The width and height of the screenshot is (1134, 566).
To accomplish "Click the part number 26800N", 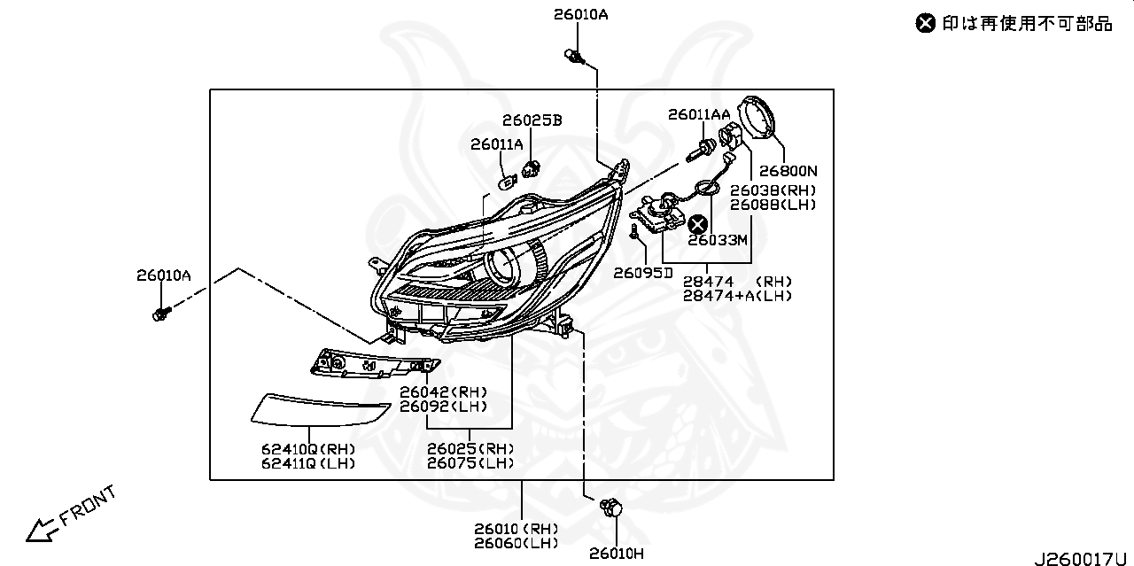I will [x=788, y=171].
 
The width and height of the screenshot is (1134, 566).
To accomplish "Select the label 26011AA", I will [x=699, y=114].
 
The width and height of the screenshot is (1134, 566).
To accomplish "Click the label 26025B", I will [x=532, y=120].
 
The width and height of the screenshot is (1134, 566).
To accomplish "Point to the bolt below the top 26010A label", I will [x=576, y=58].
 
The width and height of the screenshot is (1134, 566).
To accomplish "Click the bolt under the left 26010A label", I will [x=161, y=314].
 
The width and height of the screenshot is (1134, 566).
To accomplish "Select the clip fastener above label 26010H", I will [x=610, y=508].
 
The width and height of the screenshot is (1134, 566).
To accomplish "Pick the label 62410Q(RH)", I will [x=307, y=448].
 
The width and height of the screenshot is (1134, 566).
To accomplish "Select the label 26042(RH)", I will [x=443, y=392].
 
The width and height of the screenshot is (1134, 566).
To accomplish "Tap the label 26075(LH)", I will [x=470, y=463].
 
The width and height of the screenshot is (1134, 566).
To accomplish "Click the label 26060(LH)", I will [x=516, y=542].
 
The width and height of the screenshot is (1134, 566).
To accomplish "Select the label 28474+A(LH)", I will [x=737, y=296].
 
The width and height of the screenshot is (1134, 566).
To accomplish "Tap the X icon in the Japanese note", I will [x=925, y=23].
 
